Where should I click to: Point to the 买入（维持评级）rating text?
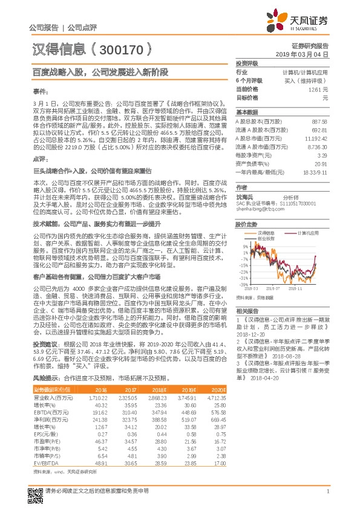tap(306, 80)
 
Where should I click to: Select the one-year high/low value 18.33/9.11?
tap(315, 172)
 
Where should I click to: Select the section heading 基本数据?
tap(246, 112)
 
